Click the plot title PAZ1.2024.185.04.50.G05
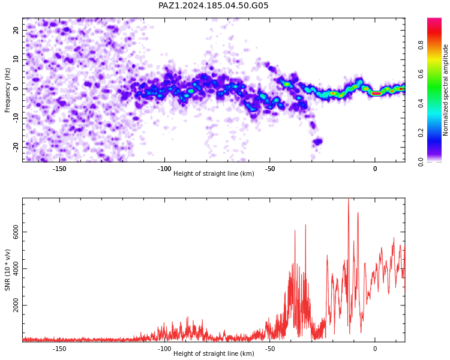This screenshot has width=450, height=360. [x=213, y=5]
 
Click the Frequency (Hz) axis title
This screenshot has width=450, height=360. [x=7, y=90]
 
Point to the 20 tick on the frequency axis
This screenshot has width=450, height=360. [x=16, y=30]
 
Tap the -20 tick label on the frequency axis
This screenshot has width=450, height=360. [x=16, y=148]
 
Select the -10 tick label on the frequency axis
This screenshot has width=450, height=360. [x=16, y=118]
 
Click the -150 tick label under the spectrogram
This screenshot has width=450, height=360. [x=59, y=169]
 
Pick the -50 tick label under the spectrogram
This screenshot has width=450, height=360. [x=270, y=169]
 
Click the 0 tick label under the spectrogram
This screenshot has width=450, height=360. [x=375, y=169]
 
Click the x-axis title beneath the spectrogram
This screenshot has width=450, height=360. [x=214, y=173]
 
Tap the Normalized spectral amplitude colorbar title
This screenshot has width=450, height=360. [x=445, y=90]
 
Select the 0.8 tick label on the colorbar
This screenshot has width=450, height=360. [x=421, y=45]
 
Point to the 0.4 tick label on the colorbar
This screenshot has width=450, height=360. [x=421, y=103]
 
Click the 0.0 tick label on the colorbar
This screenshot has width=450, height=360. [x=421, y=161]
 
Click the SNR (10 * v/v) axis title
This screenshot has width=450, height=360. [x=7, y=270]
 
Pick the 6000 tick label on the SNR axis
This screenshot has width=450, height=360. [x=16, y=232]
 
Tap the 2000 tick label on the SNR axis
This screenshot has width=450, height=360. [x=16, y=305]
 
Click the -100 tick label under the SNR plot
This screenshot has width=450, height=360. [x=164, y=349]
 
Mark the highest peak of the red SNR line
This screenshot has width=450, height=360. [x=349, y=199]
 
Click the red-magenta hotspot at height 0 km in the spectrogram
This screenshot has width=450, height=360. [x=376, y=94]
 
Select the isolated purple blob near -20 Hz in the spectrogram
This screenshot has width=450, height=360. [x=317, y=141]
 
